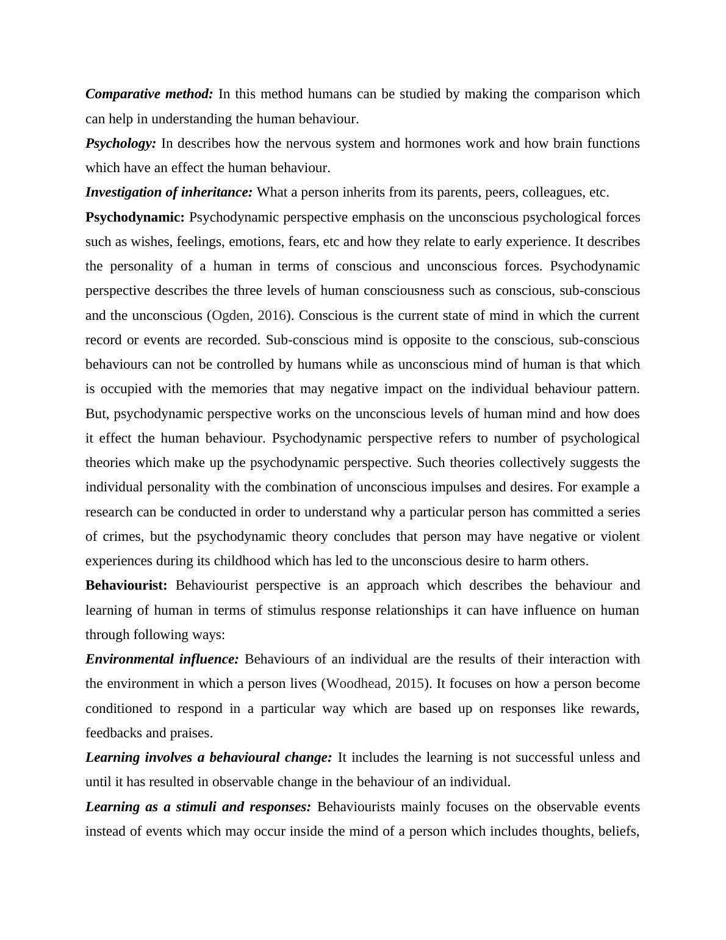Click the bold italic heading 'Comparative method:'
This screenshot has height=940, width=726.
[x=149, y=94]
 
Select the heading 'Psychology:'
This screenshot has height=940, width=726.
[x=121, y=143]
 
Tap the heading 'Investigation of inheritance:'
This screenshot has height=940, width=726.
[x=168, y=192]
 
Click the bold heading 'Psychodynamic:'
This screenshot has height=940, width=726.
[x=135, y=217]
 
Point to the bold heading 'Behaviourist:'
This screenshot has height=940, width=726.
[x=126, y=585]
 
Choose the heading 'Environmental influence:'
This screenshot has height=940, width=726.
[x=162, y=659]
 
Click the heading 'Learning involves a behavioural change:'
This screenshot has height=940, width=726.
[x=209, y=757]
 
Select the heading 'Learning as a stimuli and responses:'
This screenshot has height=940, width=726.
[x=198, y=807]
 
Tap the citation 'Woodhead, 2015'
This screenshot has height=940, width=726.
[x=375, y=684]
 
